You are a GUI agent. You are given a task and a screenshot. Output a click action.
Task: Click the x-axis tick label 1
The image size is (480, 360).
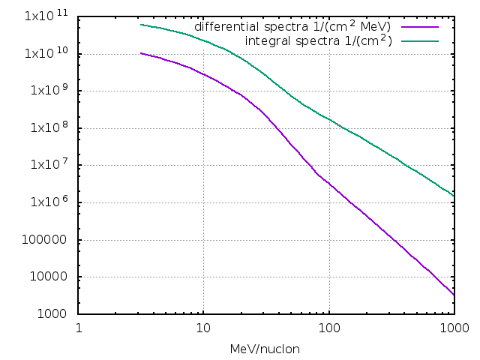(x=79, y=328)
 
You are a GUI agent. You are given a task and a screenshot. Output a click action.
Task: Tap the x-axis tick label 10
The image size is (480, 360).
(x=203, y=328)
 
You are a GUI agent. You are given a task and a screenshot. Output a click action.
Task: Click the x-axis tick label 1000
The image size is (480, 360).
(x=453, y=328)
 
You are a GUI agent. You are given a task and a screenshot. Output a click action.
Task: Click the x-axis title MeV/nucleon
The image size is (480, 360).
(x=266, y=349)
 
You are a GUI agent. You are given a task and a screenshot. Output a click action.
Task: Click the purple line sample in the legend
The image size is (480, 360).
(x=419, y=27)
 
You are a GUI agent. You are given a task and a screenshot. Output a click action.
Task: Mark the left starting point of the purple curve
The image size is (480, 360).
(x=141, y=53)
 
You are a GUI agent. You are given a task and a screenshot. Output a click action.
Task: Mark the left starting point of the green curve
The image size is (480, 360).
(x=141, y=25)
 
